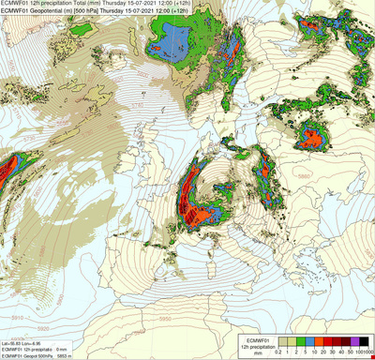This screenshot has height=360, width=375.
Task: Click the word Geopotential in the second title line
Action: [48, 11]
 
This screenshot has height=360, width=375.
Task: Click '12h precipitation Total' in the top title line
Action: [60, 4]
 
